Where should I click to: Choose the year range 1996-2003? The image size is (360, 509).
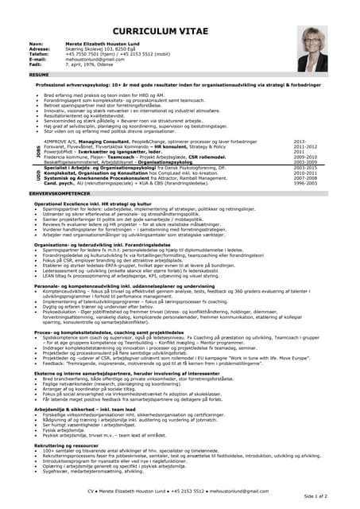pyautogui.click(x=304, y=184)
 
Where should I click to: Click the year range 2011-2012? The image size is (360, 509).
pyautogui.click(x=304, y=148)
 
